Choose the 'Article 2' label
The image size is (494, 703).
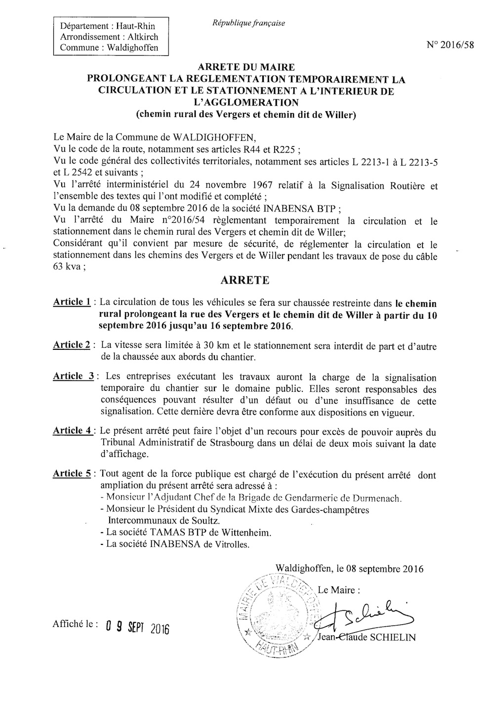[x=72, y=345]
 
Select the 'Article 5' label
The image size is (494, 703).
[x=72, y=474]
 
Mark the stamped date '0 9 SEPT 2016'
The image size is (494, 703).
[x=137, y=628]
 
